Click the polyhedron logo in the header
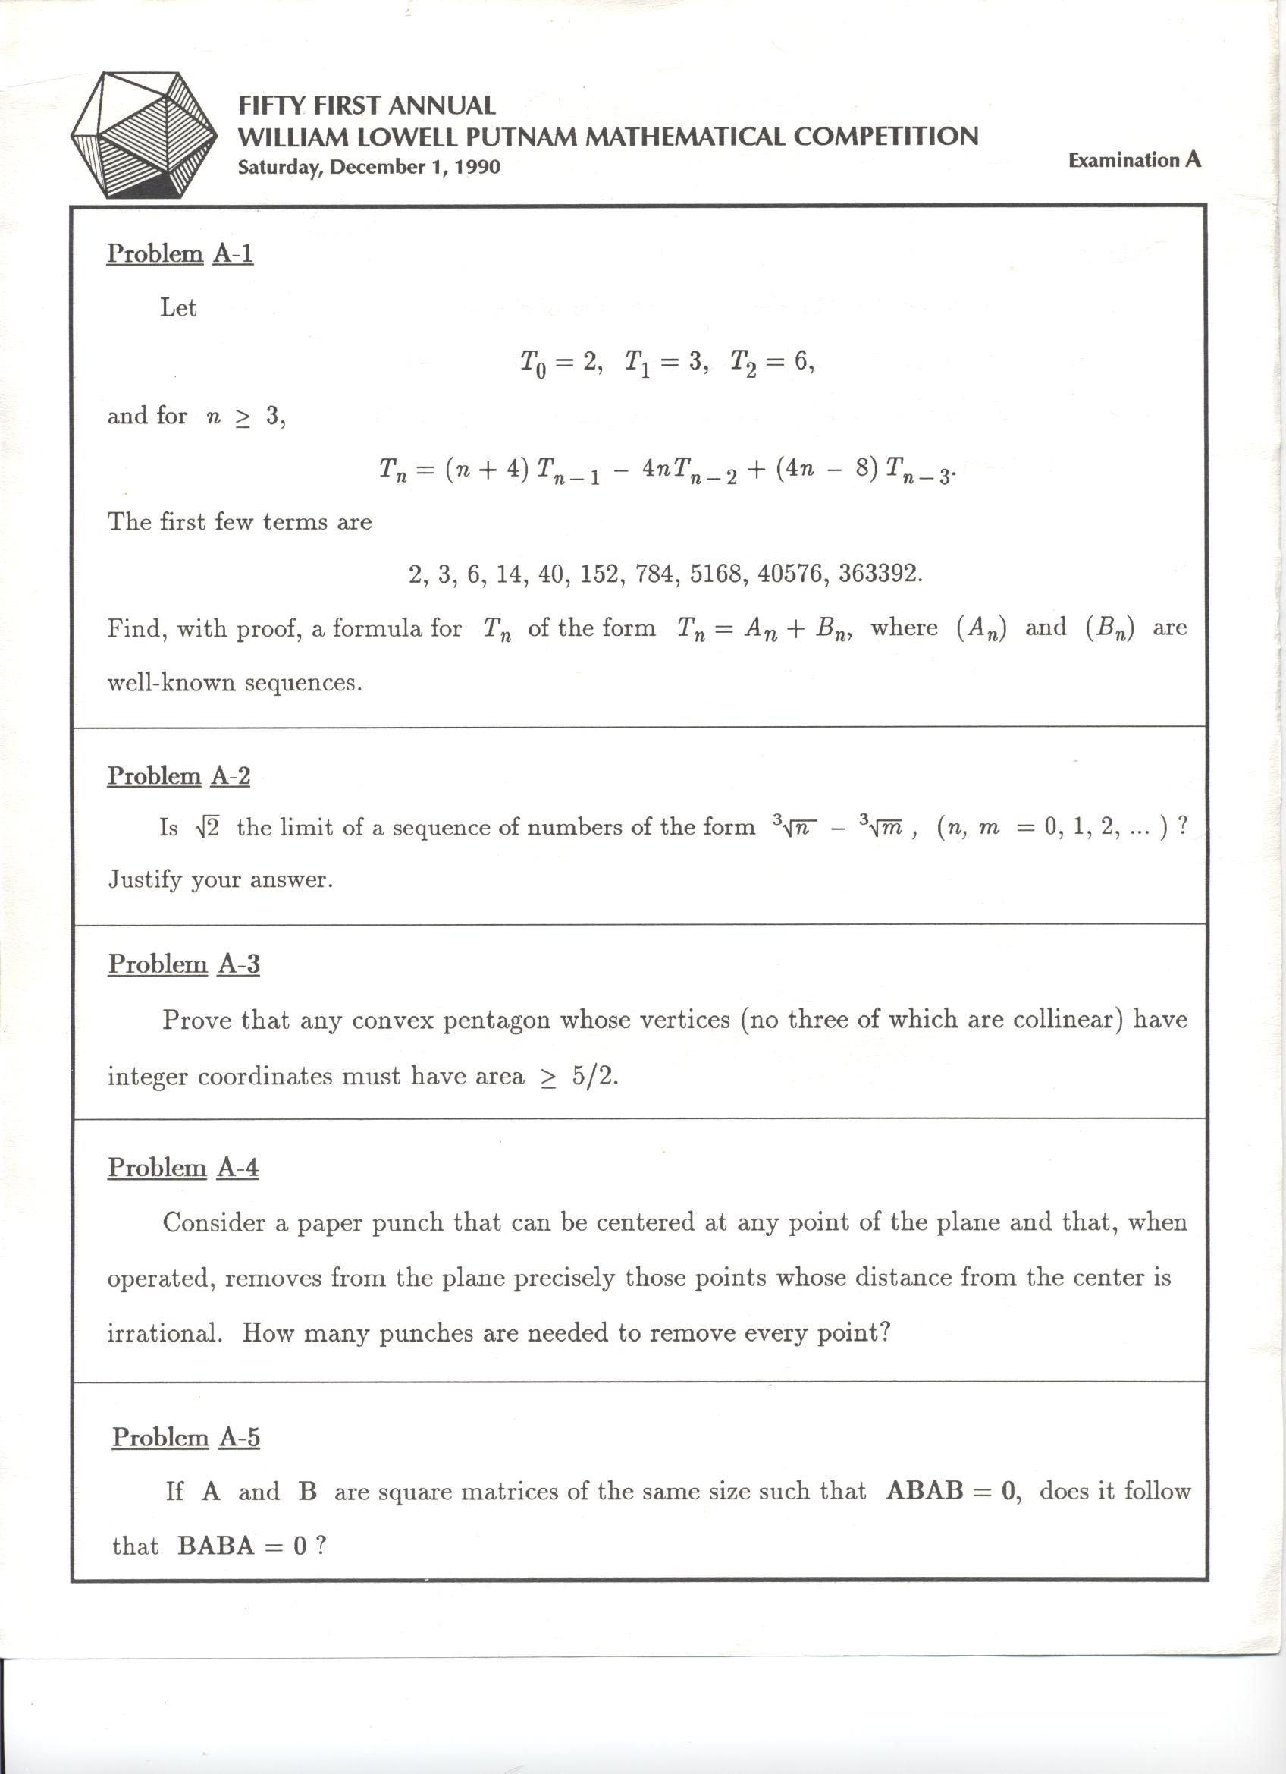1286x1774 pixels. (144, 134)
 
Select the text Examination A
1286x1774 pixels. (1134, 160)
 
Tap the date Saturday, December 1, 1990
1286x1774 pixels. (369, 167)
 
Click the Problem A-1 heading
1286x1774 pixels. (180, 253)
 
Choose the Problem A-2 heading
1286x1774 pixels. (178, 775)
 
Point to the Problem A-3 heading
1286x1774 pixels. (183, 964)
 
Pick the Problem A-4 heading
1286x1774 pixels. (183, 1167)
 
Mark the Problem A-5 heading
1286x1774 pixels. (185, 1437)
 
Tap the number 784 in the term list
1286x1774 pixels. (659, 574)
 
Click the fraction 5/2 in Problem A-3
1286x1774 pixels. (594, 1076)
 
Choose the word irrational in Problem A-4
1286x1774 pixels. (165, 1333)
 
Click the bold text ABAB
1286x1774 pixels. (925, 1491)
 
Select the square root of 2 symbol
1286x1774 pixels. (207, 828)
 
